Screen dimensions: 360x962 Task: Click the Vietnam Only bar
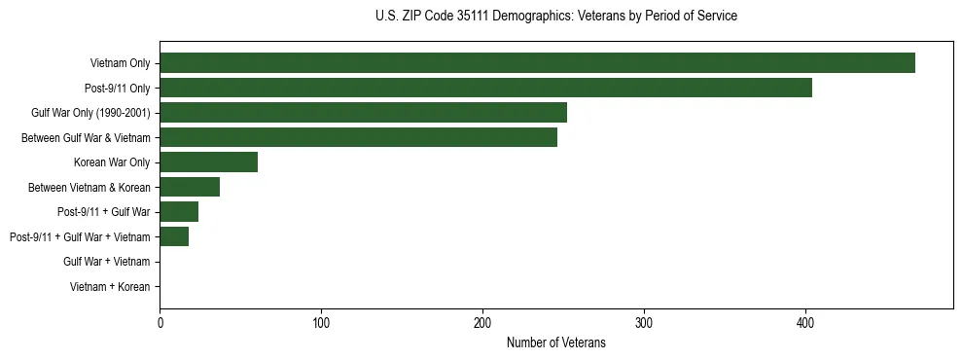coord(537,63)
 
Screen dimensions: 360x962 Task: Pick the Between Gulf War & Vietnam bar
coord(358,137)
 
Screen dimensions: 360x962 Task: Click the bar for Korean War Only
coord(208,162)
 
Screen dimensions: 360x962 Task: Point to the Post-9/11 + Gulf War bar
coord(179,212)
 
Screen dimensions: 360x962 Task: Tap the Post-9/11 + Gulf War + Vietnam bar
coord(174,236)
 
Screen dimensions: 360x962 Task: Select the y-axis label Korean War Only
coord(112,162)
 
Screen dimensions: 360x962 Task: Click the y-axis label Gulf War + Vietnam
coord(107,262)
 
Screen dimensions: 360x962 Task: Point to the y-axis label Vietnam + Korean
coord(110,287)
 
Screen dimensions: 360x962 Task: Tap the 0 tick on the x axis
coord(160,322)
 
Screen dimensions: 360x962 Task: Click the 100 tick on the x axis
coord(321,322)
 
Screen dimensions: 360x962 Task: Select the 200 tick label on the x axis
coord(482,322)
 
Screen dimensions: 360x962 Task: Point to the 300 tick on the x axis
coord(644,322)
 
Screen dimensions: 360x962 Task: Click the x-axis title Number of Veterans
coord(556,342)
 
